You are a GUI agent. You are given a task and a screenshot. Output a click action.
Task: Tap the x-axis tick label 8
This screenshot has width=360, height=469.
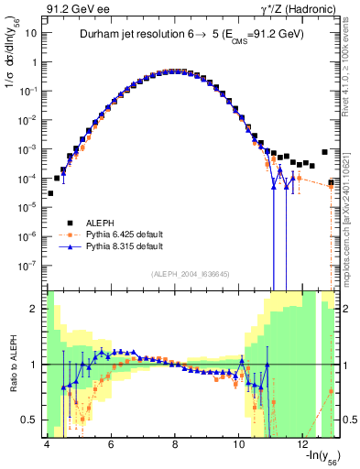tap(175, 445)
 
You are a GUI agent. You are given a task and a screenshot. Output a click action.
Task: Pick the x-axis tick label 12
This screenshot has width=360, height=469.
tap(304, 445)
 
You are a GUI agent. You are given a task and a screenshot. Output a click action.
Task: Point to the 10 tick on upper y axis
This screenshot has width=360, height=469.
tap(31, 31)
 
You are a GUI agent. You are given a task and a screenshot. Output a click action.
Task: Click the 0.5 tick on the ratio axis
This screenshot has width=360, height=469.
tap(29, 420)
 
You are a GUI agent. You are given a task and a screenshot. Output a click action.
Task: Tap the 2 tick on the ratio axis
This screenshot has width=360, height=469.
tap(34, 309)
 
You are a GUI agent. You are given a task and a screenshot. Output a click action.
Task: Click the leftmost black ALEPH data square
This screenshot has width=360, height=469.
tap(51, 193)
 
